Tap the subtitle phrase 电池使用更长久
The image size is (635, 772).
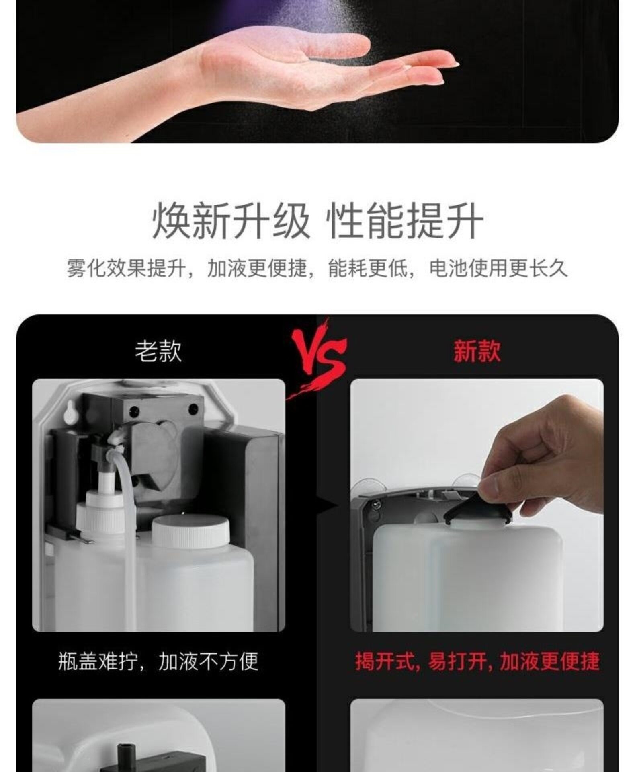tap(498, 268)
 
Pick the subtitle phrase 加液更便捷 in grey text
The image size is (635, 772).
tap(257, 268)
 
